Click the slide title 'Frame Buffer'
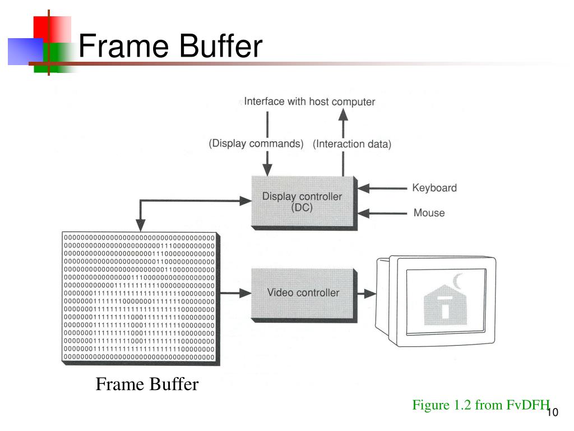point(170,46)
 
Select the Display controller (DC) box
point(302,201)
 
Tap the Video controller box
point(303,292)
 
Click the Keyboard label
point(434,188)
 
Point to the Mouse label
point(429,213)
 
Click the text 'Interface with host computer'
point(309,102)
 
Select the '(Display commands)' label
point(256,144)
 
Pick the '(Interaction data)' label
point(352,144)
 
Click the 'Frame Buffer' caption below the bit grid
point(147,384)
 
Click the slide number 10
point(552,412)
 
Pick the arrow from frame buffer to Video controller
point(235,292)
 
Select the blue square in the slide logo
point(25,51)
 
